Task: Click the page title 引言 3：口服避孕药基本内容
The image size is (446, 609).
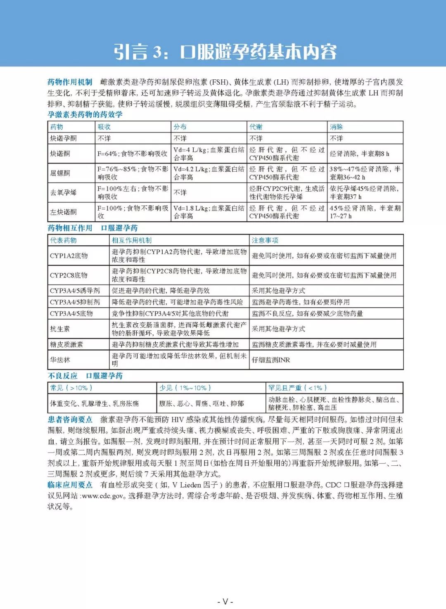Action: click(225, 52)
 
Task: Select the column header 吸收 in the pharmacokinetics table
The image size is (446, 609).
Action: click(104, 127)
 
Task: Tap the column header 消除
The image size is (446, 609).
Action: click(336, 127)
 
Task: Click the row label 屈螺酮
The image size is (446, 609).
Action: click(60, 173)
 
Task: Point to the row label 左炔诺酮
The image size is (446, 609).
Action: click(63, 212)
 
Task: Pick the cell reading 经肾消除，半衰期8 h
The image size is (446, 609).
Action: click(359, 154)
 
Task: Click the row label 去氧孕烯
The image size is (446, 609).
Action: click(63, 192)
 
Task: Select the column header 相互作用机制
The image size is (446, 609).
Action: click(132, 240)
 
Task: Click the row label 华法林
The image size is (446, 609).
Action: click(60, 360)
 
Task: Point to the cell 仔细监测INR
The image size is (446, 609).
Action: click(271, 360)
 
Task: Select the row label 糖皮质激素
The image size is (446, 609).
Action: click(66, 344)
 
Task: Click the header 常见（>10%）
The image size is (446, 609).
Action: click(71, 388)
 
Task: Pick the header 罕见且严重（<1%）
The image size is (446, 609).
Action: click(297, 388)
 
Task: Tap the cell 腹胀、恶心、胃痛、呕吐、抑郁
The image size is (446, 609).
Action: click(201, 403)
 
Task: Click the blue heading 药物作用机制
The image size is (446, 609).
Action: click(70, 82)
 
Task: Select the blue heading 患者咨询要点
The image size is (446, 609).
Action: click(70, 419)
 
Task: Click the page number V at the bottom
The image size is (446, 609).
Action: click(225, 601)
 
